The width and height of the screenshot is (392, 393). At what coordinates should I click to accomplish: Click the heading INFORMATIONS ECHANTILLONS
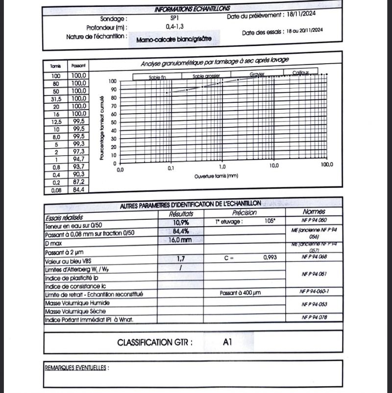(192, 9)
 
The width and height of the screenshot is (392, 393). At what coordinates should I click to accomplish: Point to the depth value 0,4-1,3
(175, 26)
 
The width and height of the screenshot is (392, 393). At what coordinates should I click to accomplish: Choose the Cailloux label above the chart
(301, 72)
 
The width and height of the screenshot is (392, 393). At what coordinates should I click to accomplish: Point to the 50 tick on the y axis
(113, 122)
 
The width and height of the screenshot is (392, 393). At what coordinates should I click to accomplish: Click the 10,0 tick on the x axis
(273, 165)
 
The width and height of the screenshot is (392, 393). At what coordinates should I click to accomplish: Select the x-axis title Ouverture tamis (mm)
(216, 175)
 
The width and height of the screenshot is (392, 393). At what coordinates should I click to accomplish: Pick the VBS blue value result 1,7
(181, 257)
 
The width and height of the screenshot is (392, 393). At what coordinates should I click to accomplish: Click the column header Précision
(245, 212)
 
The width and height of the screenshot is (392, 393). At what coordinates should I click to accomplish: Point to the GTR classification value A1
(226, 342)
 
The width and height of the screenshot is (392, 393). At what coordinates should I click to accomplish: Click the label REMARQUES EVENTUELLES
(76, 367)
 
